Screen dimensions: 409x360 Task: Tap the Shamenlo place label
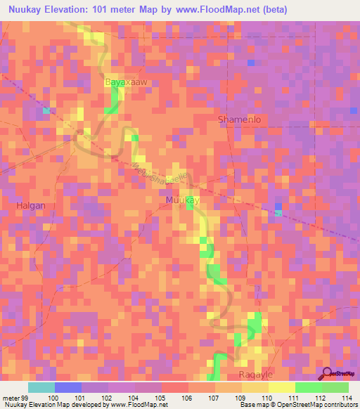tap(240, 119)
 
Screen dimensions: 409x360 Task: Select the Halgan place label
tap(30, 205)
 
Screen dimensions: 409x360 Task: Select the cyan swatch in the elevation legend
tap(41, 387)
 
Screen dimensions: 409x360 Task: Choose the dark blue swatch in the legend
tap(67, 387)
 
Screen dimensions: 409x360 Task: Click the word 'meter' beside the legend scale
tap(10, 398)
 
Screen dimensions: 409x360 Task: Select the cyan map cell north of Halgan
tap(46, 110)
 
